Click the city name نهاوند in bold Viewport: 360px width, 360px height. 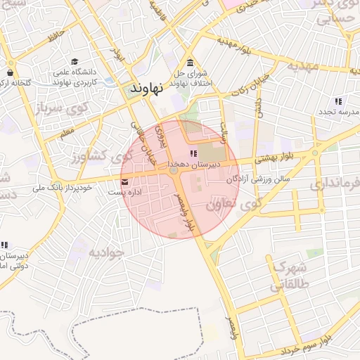147,89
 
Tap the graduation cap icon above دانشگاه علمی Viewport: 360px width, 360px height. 74,61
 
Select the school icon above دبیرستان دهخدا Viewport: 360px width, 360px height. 193,154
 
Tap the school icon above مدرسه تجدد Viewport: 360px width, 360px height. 338,102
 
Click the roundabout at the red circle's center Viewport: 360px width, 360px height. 174,169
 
